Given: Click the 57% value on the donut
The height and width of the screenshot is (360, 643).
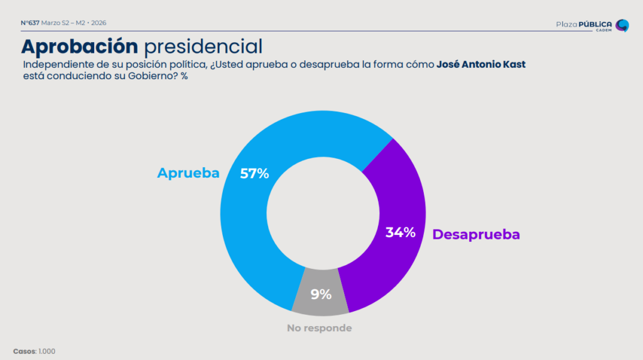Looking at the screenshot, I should point(254,174).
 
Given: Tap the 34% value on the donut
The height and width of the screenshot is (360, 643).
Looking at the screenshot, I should point(400,232).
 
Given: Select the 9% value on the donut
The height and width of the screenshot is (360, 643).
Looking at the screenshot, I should point(320,293).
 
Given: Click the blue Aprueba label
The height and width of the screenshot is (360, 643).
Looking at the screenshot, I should point(188,173).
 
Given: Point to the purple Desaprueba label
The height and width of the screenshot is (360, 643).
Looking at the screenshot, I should point(476,235).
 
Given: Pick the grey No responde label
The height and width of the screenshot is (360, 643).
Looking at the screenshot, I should point(319,328).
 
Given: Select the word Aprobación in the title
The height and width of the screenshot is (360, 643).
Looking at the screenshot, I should point(79,46).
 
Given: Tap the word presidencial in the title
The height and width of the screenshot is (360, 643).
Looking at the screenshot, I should point(203,46).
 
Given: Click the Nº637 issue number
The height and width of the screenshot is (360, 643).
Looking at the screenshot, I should point(30,23).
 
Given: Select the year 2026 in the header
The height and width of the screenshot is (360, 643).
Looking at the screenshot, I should point(99,23).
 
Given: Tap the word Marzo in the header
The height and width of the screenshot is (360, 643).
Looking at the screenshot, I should point(51,23).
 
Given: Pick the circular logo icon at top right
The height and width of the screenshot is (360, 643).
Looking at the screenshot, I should point(622,26).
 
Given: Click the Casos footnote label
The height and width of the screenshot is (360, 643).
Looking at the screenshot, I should point(24,351).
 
